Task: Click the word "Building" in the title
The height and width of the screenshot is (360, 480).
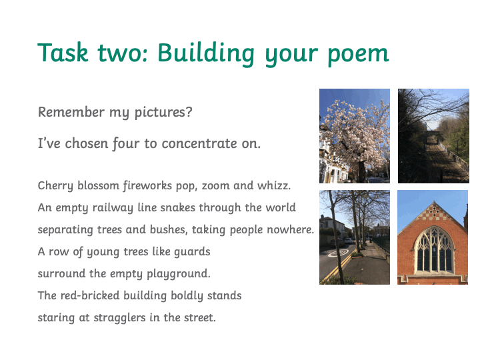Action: (206, 54)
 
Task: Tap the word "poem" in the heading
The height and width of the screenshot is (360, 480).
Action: (358, 55)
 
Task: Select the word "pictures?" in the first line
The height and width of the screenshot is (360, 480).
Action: (163, 113)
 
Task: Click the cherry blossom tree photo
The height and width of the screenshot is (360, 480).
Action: (355, 136)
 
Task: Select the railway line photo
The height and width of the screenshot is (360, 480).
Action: (433, 136)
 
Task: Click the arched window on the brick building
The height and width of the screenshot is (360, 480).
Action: (434, 251)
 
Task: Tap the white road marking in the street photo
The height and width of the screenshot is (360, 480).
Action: (338, 253)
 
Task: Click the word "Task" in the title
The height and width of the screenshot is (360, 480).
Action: (63, 53)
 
